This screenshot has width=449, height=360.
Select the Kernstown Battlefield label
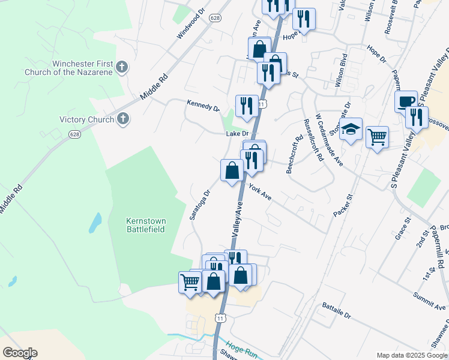point(146,225)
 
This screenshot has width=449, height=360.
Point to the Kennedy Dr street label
point(203,106)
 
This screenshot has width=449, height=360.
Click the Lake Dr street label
point(237,134)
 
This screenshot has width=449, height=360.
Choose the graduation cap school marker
point(351,129)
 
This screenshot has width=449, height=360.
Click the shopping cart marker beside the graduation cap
point(376,137)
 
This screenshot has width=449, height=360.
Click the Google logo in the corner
point(19,353)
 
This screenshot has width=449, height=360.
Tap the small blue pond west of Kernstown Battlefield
point(95,223)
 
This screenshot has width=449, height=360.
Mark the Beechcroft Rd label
point(295,154)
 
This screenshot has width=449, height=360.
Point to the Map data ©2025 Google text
point(412,355)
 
